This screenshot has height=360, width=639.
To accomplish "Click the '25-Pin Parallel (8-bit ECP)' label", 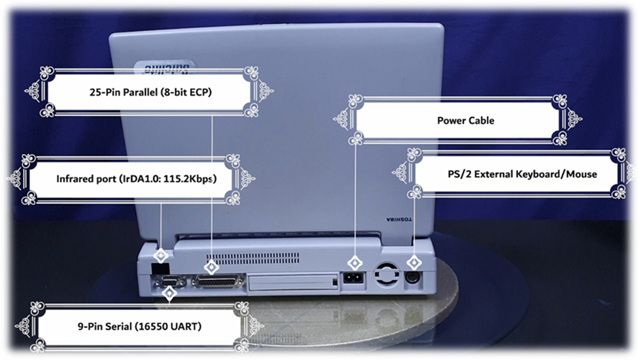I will (150, 92).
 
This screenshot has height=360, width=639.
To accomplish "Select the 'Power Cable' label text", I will (465, 120).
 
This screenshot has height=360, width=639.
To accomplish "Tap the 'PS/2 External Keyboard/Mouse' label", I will (522, 174).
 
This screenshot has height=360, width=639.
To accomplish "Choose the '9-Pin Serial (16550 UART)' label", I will (139, 327).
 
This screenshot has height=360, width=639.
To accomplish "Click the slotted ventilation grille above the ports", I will (253, 258).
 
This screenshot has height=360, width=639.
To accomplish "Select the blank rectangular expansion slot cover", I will (293, 282).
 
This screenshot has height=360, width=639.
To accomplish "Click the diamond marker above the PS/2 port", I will (415, 263).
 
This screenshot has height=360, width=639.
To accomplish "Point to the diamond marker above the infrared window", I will (162, 256).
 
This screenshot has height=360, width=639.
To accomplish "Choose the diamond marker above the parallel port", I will (212, 268).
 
